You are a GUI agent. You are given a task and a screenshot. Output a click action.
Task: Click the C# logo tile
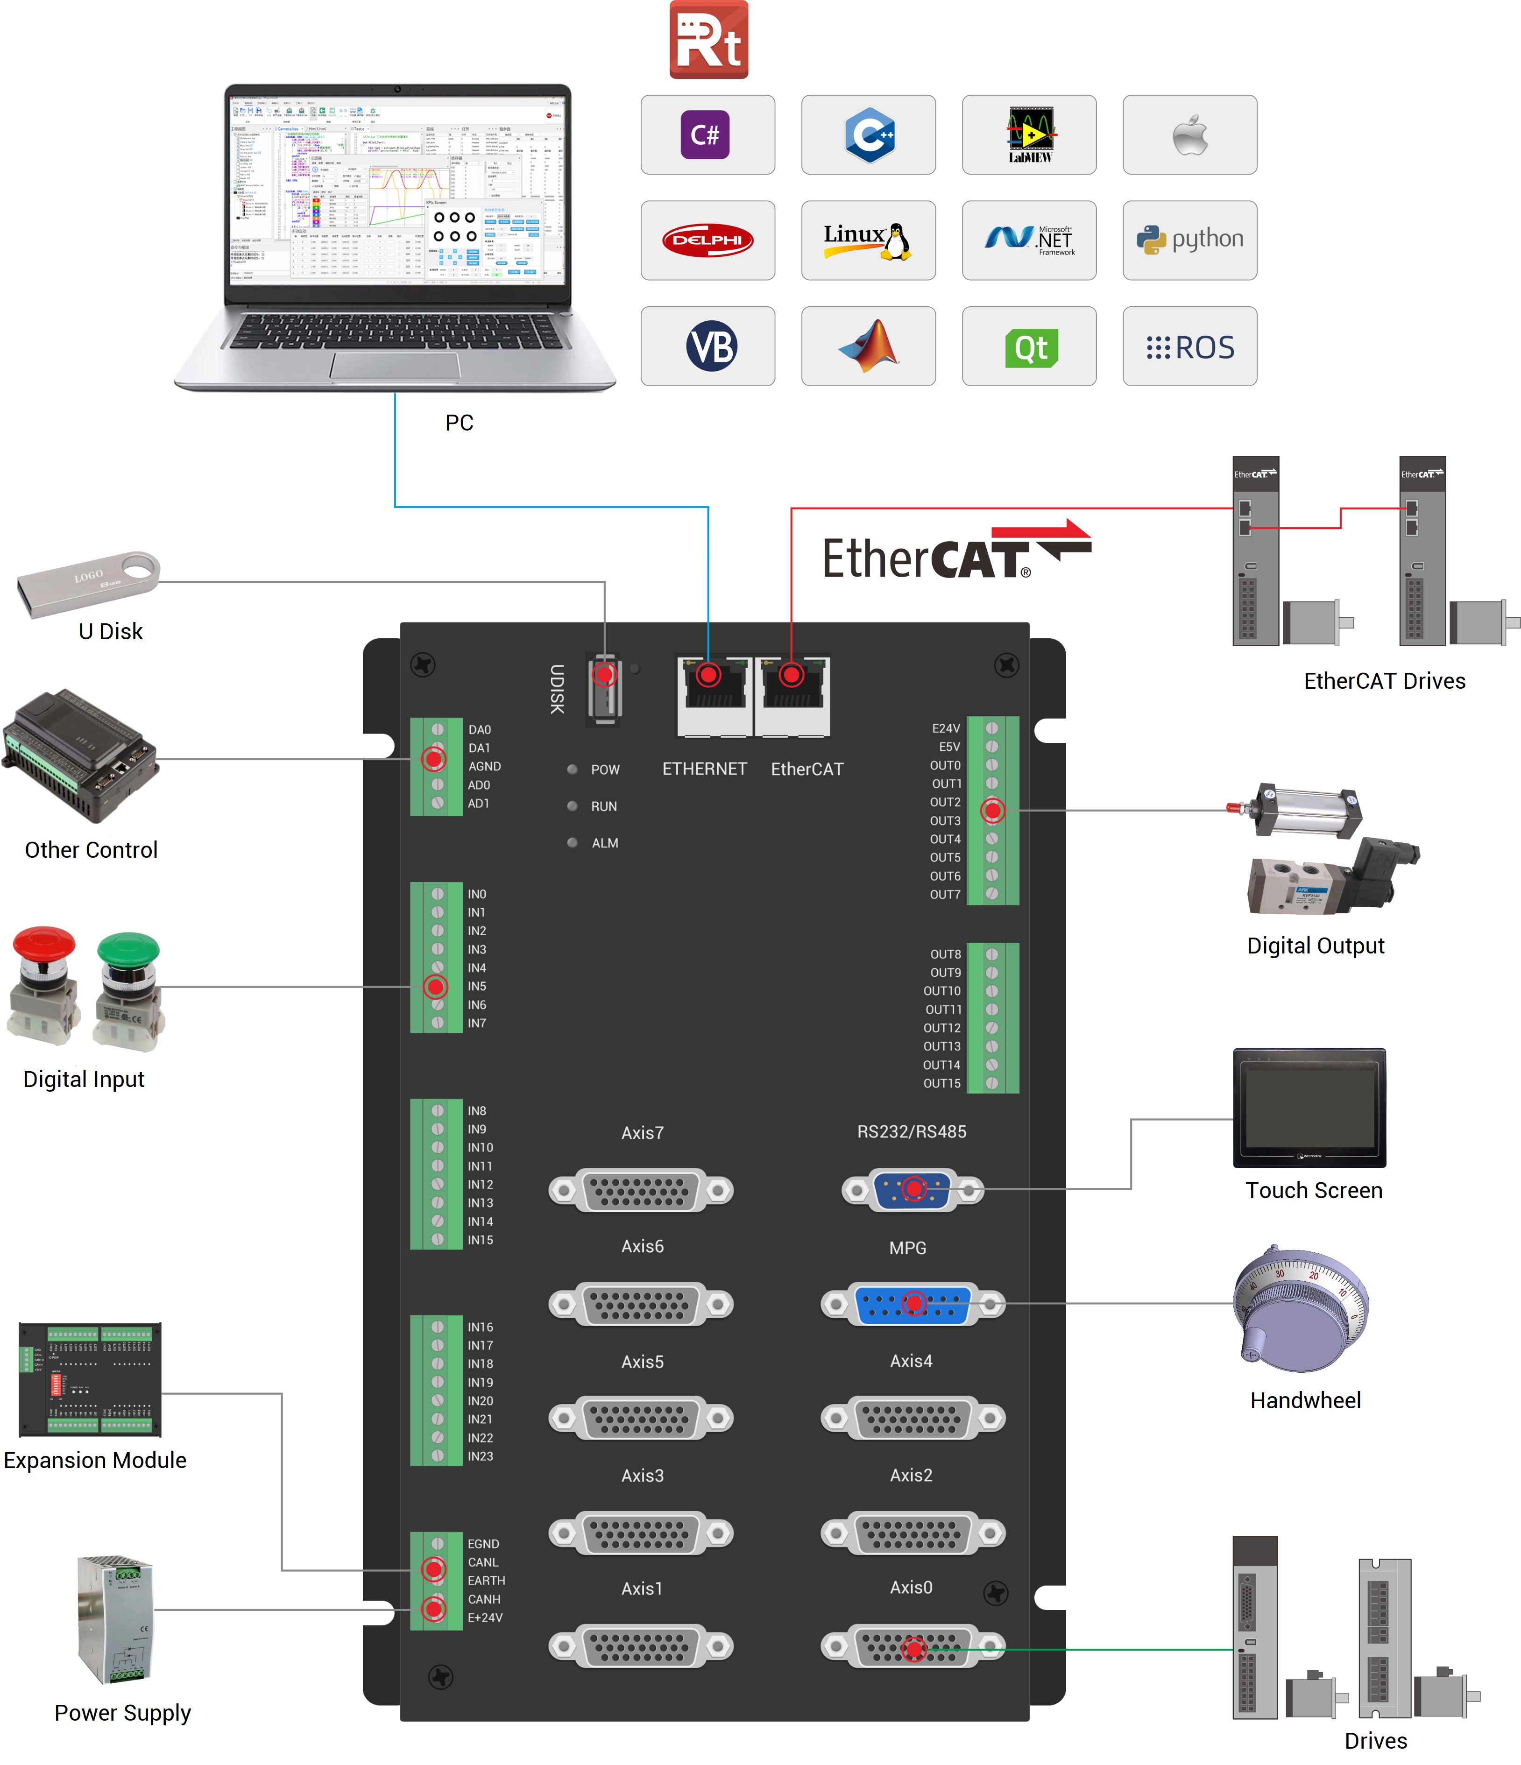[x=707, y=134]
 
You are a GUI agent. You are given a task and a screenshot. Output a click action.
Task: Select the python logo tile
[x=1189, y=240]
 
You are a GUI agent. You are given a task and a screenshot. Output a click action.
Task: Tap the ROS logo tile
[x=1189, y=346]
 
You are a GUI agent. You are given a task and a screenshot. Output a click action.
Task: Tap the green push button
[x=128, y=988]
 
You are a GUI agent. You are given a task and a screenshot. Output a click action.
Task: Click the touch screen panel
[x=1309, y=1108]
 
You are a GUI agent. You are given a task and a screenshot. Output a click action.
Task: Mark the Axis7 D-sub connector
[x=641, y=1190]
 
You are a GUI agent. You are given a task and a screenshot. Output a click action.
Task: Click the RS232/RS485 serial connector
[x=913, y=1189]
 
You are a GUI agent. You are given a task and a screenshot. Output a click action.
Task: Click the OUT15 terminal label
[x=941, y=1084]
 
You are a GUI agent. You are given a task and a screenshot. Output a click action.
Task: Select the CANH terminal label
[x=484, y=1599]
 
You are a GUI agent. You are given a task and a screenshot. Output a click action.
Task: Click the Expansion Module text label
[x=95, y=1460]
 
